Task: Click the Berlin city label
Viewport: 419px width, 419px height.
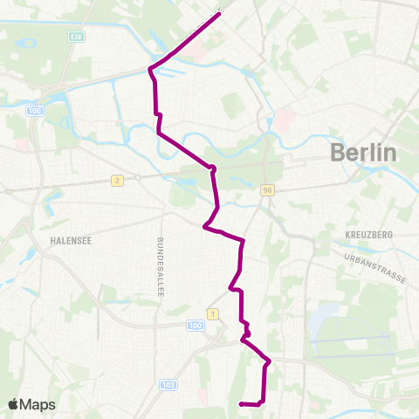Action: click(x=363, y=153)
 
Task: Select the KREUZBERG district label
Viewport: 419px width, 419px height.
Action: click(x=369, y=236)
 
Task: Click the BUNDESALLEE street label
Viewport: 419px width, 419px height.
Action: click(x=161, y=267)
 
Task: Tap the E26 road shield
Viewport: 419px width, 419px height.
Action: click(x=78, y=38)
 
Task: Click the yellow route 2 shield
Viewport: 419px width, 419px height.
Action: click(x=115, y=180)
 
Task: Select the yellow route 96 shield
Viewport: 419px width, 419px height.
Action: click(x=268, y=190)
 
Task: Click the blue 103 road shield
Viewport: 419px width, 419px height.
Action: click(x=168, y=385)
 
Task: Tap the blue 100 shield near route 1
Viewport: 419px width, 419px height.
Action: click(x=195, y=325)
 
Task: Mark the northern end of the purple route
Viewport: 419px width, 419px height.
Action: click(x=217, y=13)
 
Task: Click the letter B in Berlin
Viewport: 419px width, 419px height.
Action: click(x=338, y=153)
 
